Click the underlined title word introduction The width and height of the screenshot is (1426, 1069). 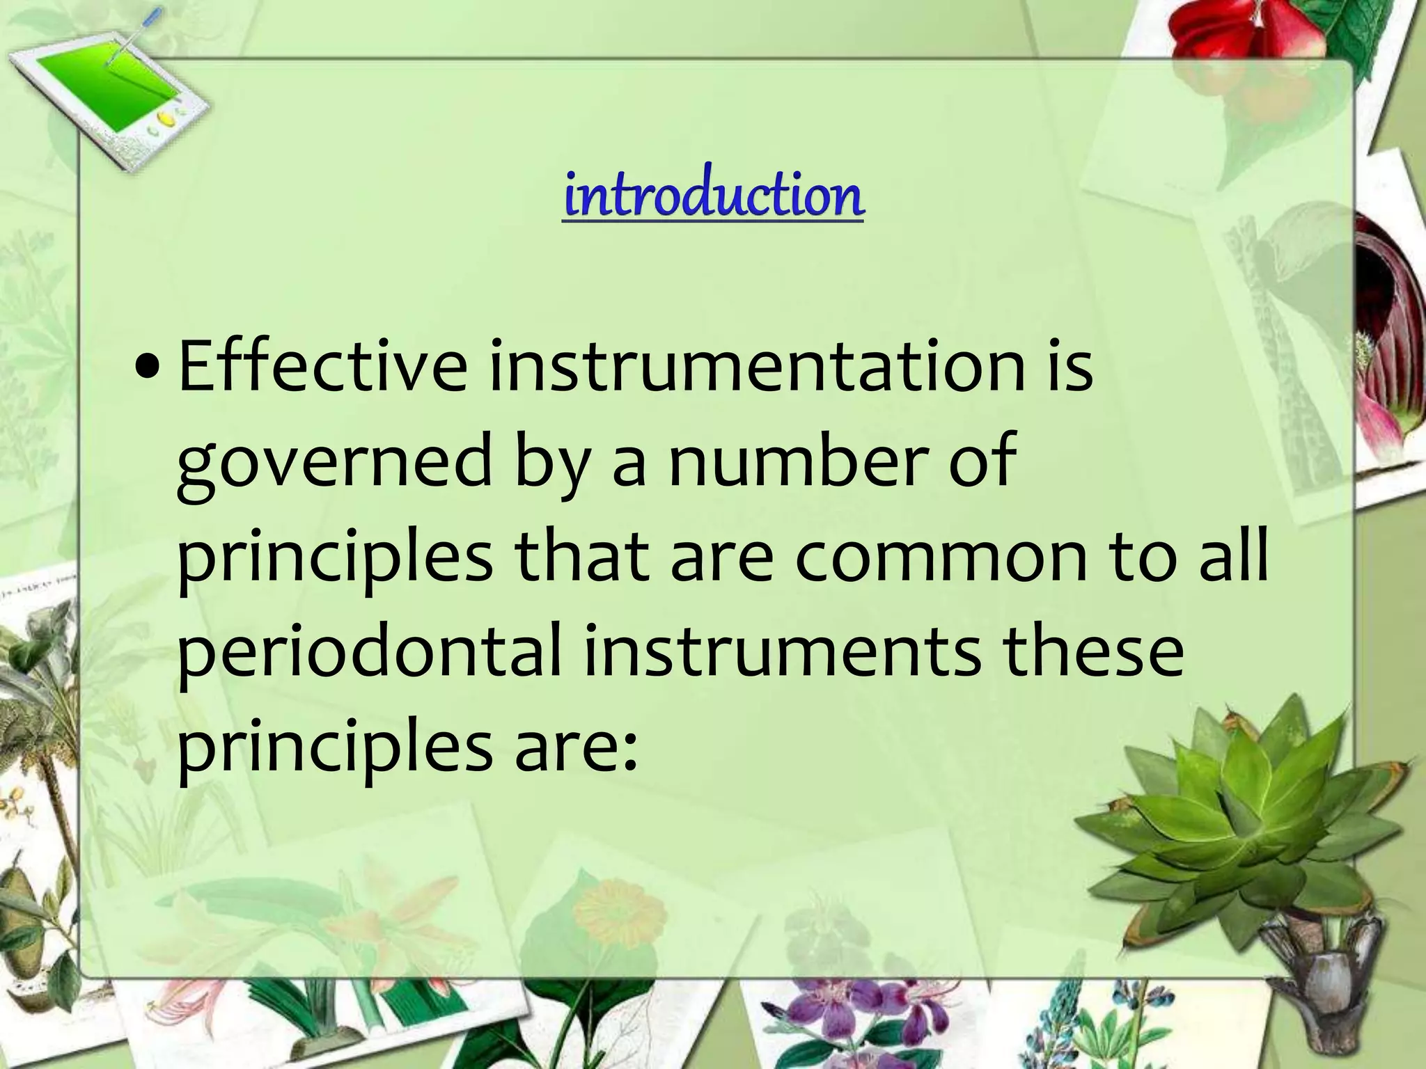(x=713, y=197)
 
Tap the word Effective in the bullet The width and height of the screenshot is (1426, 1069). (x=322, y=367)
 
